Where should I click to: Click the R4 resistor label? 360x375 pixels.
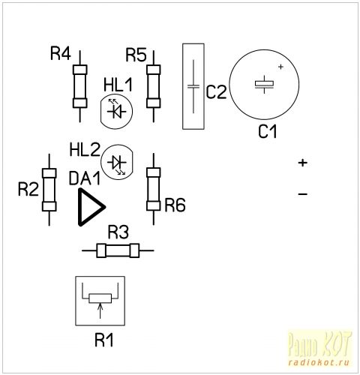[61, 53]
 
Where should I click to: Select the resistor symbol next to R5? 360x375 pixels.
[154, 86]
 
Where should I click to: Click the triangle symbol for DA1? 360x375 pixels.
[91, 207]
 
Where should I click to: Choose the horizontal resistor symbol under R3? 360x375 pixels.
[118, 250]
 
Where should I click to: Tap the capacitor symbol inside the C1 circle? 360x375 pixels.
[264, 84]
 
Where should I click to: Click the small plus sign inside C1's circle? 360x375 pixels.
[281, 67]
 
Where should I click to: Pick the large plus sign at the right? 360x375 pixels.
[303, 163]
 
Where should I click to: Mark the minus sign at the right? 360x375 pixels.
[303, 193]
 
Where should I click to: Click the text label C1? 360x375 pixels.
[268, 131]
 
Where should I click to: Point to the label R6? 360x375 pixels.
[175, 205]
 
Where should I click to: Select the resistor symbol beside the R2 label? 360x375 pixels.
[49, 190]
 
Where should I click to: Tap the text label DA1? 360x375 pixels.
[85, 178]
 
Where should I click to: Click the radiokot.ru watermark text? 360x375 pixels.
[319, 362]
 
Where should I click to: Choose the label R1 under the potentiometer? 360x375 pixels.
[104, 340]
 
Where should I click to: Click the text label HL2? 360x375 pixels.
[85, 150]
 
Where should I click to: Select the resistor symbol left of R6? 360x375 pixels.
[154, 189]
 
